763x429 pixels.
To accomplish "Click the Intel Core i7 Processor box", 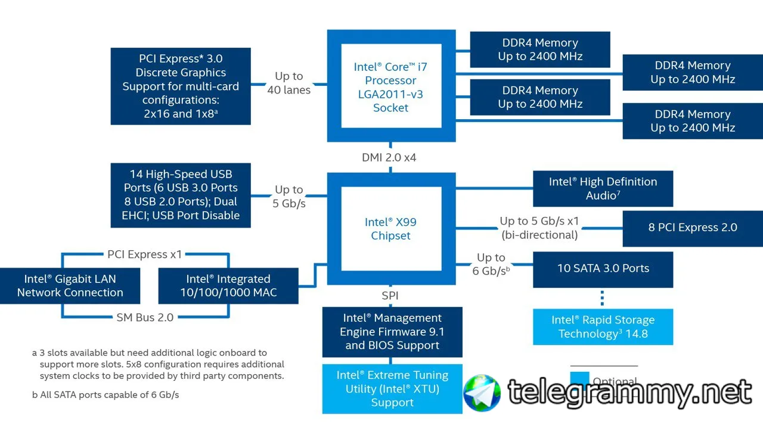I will pos(391,86).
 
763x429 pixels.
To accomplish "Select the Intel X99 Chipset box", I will pos(391,229).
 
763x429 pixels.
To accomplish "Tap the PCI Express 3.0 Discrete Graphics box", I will pos(181,86).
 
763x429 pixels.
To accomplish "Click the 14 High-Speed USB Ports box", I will pos(181,195).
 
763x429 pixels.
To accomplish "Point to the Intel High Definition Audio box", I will pos(603,188).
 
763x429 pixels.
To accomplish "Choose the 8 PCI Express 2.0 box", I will pos(693,227).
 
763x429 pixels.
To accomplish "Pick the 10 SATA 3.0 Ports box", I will pos(603,269).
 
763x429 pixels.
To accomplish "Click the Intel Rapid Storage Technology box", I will pos(603,327).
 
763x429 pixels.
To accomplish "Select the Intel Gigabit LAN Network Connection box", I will pos(70,285).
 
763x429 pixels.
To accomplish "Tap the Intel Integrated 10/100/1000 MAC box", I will pos(228,285).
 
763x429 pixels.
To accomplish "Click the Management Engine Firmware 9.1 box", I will pos(392,332).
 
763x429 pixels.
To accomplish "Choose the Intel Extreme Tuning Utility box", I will pos(392,388).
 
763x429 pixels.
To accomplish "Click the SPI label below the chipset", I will pos(390,296).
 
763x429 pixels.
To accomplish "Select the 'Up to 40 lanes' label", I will pos(289,83).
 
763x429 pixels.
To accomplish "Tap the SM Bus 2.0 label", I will pos(145,318).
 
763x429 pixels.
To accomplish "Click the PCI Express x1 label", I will pos(145,254).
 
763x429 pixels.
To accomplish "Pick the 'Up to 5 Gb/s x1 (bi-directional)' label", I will pos(539,228).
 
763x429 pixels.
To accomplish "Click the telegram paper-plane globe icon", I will pos(482,393).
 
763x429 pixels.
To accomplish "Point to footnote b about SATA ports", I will pos(106,394).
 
